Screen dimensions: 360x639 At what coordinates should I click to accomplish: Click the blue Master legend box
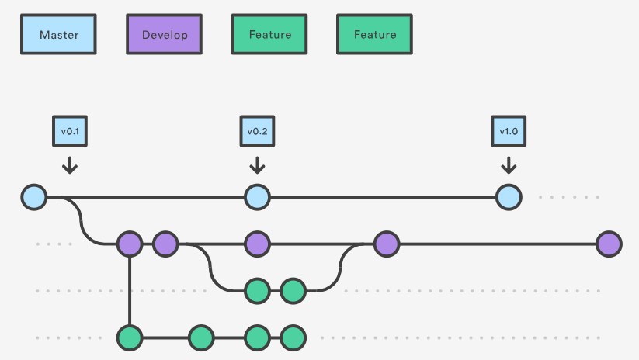click(59, 35)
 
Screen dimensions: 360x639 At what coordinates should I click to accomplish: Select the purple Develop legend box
click(165, 35)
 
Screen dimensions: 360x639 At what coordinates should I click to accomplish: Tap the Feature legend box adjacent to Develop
click(269, 35)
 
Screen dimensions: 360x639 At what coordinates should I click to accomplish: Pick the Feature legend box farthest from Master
click(375, 35)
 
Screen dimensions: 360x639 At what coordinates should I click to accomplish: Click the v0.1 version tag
click(69, 131)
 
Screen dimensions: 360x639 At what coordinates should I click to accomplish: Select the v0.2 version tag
click(257, 131)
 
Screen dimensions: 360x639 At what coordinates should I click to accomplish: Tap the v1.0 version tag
click(508, 131)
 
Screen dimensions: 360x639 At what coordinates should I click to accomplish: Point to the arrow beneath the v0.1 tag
click(69, 164)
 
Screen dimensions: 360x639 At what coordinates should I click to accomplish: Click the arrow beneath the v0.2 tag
click(257, 164)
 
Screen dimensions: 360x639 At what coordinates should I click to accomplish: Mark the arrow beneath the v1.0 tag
click(508, 164)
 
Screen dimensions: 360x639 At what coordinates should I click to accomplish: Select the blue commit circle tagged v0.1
click(34, 197)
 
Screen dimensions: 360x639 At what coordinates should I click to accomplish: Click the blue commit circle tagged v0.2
click(257, 197)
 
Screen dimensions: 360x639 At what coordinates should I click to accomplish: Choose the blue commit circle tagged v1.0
click(508, 197)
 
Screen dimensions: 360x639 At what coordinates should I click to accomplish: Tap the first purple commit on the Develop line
click(130, 244)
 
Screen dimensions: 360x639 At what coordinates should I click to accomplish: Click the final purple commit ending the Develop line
click(609, 244)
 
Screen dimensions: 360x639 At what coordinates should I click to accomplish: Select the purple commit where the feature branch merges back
click(386, 244)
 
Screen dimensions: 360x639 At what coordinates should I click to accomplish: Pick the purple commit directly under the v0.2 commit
click(257, 244)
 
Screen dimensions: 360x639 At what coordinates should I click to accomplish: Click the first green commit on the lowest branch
click(130, 337)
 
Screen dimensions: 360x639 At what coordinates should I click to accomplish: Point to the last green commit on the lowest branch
click(293, 337)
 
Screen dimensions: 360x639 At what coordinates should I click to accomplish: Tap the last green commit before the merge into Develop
click(293, 291)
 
